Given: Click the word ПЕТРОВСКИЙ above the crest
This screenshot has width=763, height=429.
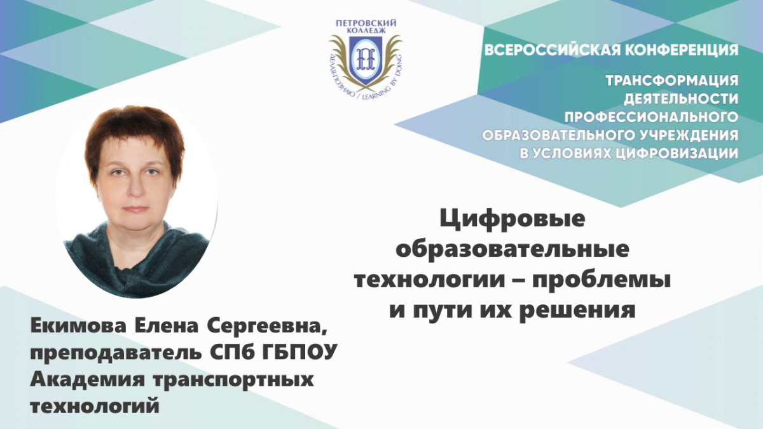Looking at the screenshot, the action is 366,23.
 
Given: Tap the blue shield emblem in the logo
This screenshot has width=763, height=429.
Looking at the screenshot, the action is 365,60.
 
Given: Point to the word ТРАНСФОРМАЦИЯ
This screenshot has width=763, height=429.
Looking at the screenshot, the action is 672,81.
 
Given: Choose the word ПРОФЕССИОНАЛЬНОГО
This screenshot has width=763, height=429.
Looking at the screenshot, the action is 651,118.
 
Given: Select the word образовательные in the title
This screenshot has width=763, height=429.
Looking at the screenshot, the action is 512,250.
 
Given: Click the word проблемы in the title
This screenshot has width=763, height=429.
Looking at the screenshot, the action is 600,280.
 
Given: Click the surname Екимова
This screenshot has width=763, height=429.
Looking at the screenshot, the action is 78,327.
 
